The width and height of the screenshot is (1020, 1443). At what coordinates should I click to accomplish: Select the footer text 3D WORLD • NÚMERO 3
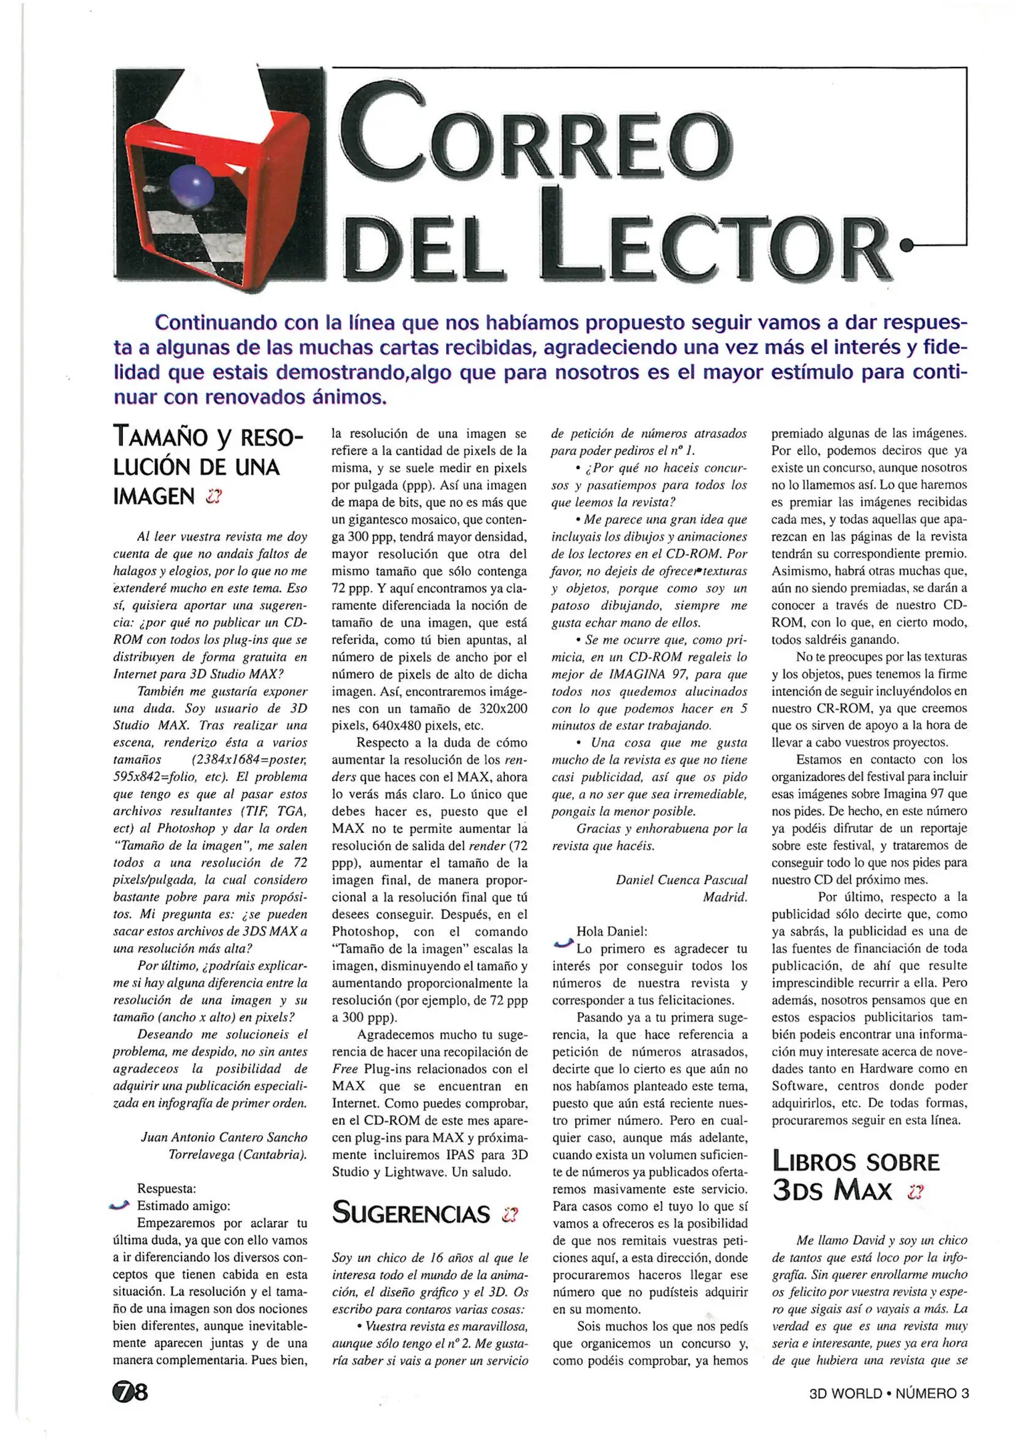coord(888,1393)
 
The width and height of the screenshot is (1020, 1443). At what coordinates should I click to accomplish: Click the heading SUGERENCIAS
coord(411,1213)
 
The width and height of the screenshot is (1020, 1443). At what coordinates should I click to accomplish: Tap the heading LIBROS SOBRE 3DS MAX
coord(856,1176)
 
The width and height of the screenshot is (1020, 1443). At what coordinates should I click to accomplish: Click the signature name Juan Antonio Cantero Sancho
coord(224,1137)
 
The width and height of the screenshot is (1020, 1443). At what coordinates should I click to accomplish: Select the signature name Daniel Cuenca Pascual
coord(681,880)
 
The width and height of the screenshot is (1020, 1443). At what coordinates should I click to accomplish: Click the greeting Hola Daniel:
coord(612,931)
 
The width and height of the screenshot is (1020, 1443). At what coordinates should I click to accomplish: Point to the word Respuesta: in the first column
coord(167,1188)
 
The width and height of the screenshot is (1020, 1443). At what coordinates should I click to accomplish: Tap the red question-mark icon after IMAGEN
coord(214,496)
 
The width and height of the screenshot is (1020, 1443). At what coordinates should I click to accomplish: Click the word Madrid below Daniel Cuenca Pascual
coord(724,897)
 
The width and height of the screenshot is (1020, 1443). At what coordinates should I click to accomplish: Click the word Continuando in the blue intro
coord(215,323)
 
